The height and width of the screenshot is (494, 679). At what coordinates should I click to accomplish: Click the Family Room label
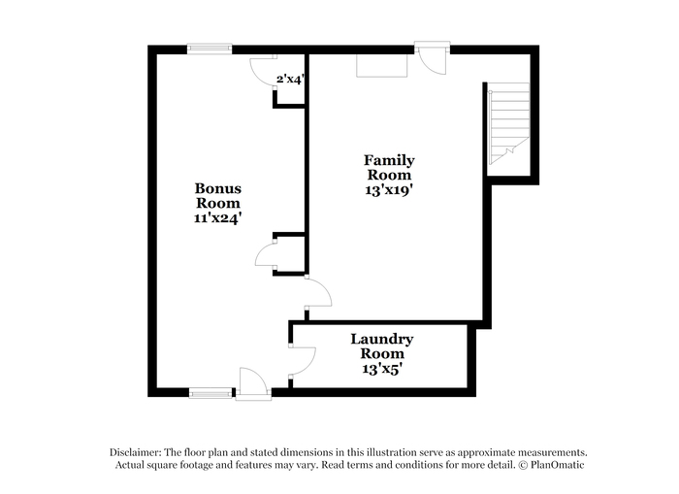[x=389, y=168]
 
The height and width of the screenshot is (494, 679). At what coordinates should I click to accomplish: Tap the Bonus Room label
[x=218, y=195]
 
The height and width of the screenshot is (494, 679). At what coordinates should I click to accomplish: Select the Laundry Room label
[x=382, y=346]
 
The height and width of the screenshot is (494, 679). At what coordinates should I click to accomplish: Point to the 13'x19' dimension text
[x=387, y=190]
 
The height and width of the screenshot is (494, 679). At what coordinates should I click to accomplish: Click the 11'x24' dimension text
[x=217, y=218]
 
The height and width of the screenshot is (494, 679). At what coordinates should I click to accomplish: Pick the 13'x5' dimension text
[x=380, y=369]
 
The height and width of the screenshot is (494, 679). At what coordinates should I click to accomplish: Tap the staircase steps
[x=509, y=124]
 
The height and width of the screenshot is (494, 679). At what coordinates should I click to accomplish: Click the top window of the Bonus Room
[x=210, y=49]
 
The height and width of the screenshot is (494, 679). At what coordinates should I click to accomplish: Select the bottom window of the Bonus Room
[x=210, y=393]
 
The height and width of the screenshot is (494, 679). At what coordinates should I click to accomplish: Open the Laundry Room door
[x=304, y=360]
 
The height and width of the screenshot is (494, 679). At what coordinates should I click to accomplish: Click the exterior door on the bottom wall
[x=253, y=383]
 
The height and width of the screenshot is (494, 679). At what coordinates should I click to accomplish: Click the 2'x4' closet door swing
[x=264, y=71]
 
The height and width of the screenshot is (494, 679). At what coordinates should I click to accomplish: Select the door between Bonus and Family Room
[x=318, y=293]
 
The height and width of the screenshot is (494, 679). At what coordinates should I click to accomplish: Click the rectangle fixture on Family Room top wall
[x=382, y=66]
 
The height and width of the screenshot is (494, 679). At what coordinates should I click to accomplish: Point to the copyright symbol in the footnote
[x=523, y=466]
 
